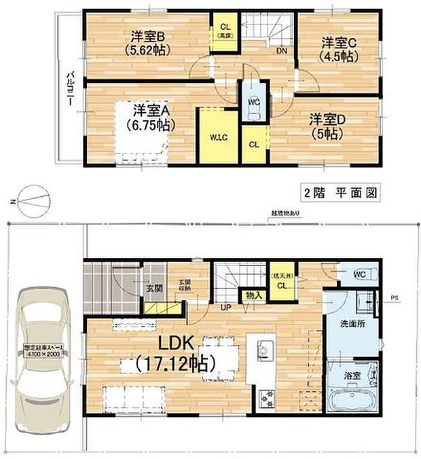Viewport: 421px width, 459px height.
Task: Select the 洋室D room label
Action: [328, 126]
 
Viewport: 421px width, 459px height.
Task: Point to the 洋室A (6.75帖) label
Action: [150, 117]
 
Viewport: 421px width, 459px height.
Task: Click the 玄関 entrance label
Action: [153, 287]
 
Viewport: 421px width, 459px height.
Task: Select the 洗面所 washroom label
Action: [352, 325]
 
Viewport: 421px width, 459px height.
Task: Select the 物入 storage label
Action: [253, 295]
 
